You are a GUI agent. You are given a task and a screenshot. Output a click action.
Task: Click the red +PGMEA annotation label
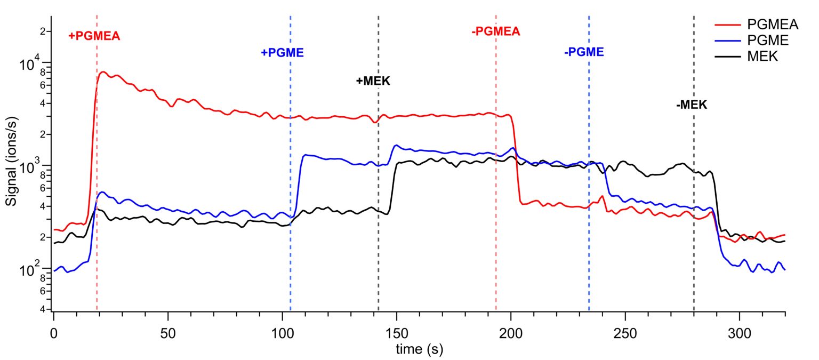click(x=94, y=36)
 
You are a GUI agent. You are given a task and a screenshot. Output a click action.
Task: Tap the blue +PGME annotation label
click(x=282, y=53)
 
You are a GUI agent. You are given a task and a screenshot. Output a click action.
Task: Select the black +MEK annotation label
click(x=373, y=81)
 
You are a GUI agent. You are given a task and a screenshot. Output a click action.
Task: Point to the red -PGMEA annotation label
click(x=495, y=31)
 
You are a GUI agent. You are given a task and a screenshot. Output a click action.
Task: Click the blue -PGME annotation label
click(x=584, y=52)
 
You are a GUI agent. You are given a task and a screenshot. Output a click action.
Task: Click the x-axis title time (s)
click(x=419, y=349)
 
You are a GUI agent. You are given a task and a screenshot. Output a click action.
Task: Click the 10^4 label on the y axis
click(x=30, y=66)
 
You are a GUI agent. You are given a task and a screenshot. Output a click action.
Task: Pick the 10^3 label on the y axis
click(x=30, y=167)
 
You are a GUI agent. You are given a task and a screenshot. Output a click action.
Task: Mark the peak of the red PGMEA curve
click(x=103, y=72)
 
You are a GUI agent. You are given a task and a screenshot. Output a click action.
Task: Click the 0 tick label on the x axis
click(x=54, y=333)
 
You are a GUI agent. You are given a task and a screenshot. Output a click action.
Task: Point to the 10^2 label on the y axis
click(x=30, y=270)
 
